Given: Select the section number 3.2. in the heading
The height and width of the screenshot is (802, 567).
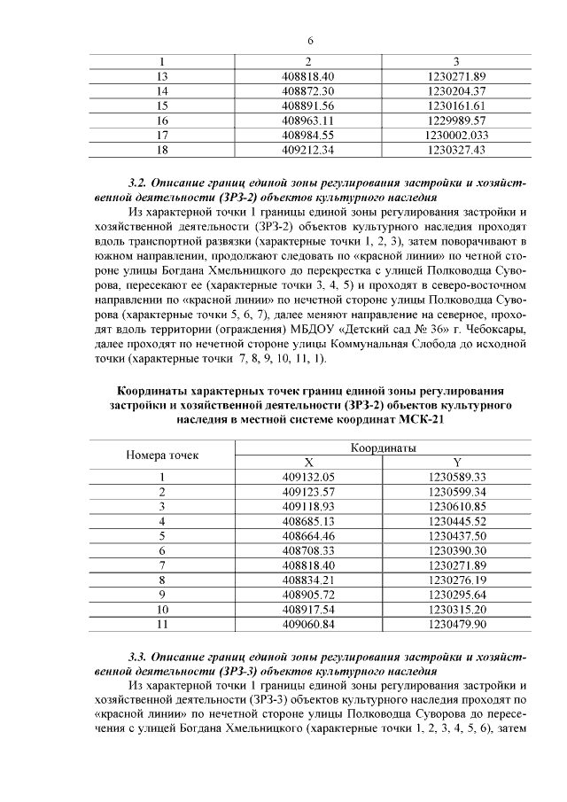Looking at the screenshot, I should tap(137, 183).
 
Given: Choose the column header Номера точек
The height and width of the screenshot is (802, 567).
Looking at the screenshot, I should tap(162, 456).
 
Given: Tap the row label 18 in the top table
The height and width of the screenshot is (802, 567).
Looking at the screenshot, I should tap(162, 150).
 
